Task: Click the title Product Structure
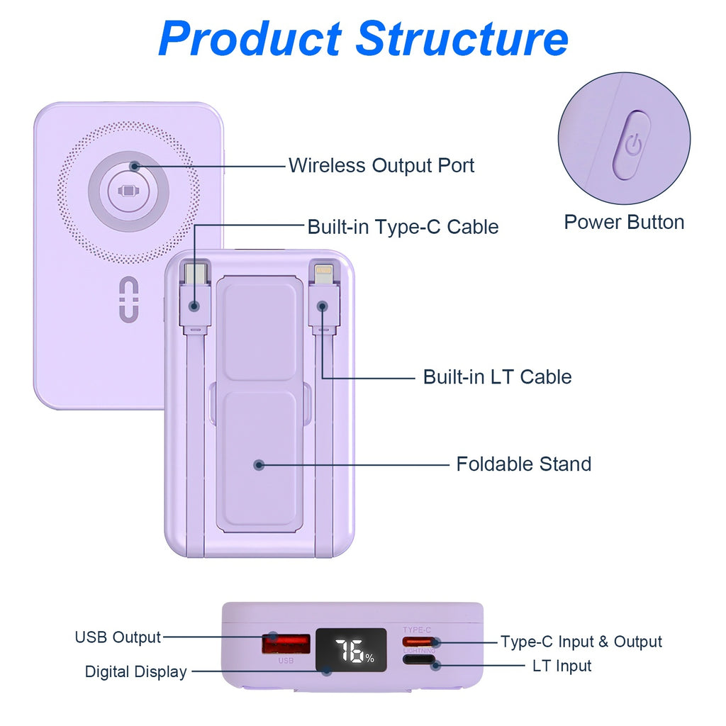[363, 38]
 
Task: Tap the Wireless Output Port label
[381, 166]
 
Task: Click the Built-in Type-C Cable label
[402, 227]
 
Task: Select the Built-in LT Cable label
[497, 376]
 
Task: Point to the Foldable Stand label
[523, 464]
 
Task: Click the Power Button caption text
[624, 223]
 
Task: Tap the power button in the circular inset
[631, 145]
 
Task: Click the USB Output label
[118, 637]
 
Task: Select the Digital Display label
[135, 672]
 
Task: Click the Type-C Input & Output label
[581, 642]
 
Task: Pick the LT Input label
[562, 666]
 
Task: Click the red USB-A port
[286, 644]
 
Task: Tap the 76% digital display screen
[352, 650]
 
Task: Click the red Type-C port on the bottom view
[418, 642]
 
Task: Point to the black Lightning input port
[418, 661]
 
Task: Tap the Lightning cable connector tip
[323, 272]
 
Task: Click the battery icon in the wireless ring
[128, 191]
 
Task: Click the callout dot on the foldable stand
[259, 465]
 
